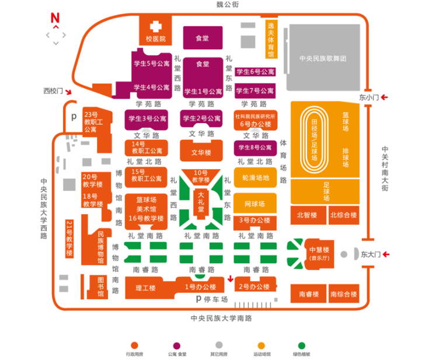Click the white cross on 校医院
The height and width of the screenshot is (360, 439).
tap(156, 27)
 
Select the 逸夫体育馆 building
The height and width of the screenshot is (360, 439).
tap(270, 40)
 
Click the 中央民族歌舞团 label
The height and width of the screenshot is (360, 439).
tap(322, 58)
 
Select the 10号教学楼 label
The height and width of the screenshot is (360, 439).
tap(201, 176)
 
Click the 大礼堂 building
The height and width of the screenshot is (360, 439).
tap(201, 201)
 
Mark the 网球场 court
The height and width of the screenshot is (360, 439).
tap(255, 204)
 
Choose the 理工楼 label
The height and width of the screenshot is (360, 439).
tap(145, 288)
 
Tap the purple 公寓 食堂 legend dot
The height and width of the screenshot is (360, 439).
tap(176, 345)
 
